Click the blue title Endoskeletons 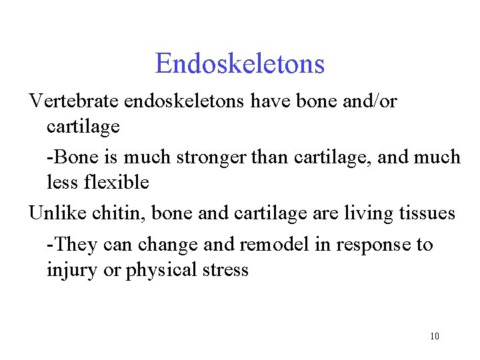240,64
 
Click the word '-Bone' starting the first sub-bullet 69,157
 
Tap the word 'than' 266,157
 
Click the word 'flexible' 118,182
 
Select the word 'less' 61,182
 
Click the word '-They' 71,245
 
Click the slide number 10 435,336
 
